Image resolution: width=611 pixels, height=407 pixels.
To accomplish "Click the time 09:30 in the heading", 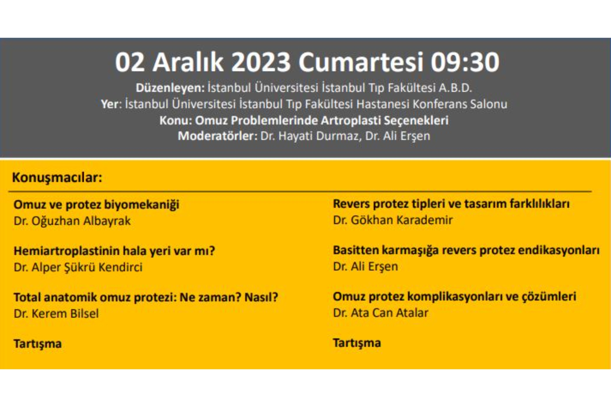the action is pyautogui.click(x=465, y=62).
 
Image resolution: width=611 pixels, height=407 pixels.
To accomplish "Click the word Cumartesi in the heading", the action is pyautogui.click(x=361, y=62).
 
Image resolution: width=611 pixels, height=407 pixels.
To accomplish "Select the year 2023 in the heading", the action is pyautogui.click(x=261, y=62).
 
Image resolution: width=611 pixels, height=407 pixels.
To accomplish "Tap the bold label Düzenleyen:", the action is pyautogui.click(x=170, y=88).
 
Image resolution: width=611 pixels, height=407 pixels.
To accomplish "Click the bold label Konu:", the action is pyautogui.click(x=176, y=121).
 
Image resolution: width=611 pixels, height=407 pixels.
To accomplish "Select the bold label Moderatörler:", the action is pyautogui.click(x=218, y=136).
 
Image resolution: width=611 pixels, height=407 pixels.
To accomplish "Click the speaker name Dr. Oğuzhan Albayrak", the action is pyautogui.click(x=72, y=221).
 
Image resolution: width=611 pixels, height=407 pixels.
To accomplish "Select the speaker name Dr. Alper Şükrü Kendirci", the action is pyautogui.click(x=78, y=267).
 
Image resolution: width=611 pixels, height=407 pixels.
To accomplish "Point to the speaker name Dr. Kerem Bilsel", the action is pyautogui.click(x=56, y=314).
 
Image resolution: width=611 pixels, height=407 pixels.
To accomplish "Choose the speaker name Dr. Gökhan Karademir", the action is pyautogui.click(x=393, y=220).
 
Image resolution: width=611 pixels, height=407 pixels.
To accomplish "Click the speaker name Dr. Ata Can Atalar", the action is pyautogui.click(x=381, y=313).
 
